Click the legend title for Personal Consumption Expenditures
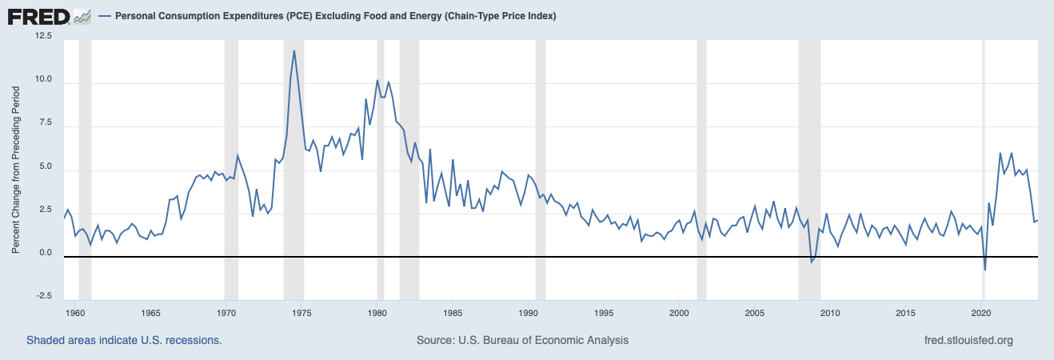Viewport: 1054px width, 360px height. pyautogui.click(x=336, y=16)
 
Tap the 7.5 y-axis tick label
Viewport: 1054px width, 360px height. pyautogui.click(x=43, y=123)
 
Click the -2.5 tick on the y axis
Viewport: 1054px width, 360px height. pyautogui.click(x=42, y=296)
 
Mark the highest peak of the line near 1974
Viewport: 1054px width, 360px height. pyautogui.click(x=294, y=51)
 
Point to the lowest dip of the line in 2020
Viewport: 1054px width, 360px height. pyautogui.click(x=984, y=270)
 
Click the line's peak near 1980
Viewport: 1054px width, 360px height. pyautogui.click(x=377, y=80)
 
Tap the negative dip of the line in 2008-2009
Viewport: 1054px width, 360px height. pyautogui.click(x=812, y=262)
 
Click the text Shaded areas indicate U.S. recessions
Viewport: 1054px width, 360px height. pyautogui.click(x=124, y=340)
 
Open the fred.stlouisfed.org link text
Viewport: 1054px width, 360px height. pyautogui.click(x=968, y=340)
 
